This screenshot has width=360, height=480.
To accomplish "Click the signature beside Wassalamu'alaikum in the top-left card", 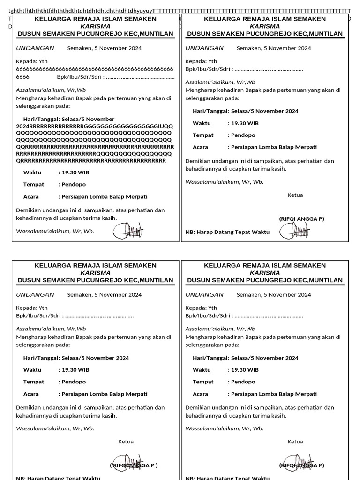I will [128, 230].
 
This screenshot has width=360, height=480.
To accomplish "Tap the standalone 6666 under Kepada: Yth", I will [23, 77].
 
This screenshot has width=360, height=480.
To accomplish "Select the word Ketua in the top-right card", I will [295, 195].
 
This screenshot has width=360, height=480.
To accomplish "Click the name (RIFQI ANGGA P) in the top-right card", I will [301, 219].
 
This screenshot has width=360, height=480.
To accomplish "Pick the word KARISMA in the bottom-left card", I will [96, 273].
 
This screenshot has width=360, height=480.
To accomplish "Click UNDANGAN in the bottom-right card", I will [204, 295].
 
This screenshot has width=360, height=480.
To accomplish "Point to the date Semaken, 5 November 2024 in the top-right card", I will [274, 48].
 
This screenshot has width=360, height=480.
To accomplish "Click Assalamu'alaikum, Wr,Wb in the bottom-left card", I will [51, 329].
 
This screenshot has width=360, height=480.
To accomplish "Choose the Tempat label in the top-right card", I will [203, 135].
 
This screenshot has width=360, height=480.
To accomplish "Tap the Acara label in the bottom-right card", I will [201, 394].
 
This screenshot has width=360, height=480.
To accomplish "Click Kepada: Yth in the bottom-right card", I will [201, 308].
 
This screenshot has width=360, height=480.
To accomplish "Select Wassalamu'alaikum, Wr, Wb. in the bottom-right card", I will [225, 428].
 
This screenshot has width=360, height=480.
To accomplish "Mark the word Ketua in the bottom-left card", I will [126, 442].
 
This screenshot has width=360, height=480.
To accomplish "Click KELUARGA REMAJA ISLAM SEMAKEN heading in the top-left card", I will [96, 19].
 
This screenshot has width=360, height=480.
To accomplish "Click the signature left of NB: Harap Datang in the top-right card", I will [294, 231].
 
